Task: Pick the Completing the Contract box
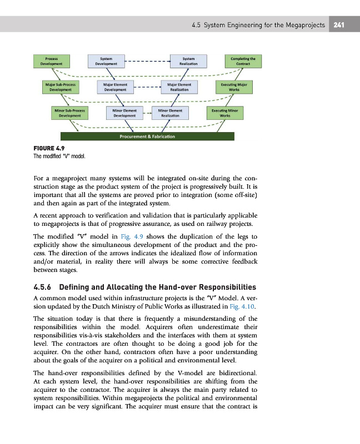(x=243, y=60)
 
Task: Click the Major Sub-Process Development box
(x=61, y=87)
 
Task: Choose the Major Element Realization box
(x=177, y=87)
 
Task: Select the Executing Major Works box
(x=233, y=87)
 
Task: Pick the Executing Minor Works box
(x=225, y=113)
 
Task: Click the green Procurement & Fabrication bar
(x=148, y=137)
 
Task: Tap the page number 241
(x=341, y=24)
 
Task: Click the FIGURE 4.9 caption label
(x=48, y=149)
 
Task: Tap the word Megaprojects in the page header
(x=304, y=24)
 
